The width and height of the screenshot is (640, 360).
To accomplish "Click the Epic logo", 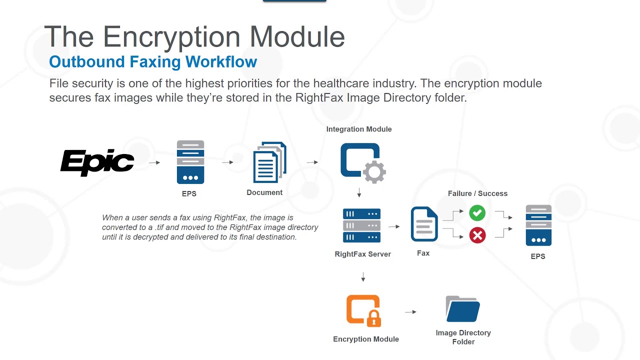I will pyautogui.click(x=97, y=162).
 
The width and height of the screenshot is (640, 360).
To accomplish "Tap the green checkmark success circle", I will pyautogui.click(x=477, y=213).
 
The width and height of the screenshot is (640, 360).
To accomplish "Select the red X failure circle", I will pyautogui.click(x=477, y=235).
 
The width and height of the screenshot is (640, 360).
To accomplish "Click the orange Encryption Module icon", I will pyautogui.click(x=363, y=310).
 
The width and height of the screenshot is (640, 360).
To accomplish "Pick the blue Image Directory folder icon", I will pyautogui.click(x=462, y=309).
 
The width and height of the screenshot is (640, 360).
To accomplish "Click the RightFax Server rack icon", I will pyautogui.click(x=362, y=225).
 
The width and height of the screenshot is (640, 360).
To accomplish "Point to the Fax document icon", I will pyautogui.click(x=424, y=225).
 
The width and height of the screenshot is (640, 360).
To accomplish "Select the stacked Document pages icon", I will pyautogui.click(x=269, y=162).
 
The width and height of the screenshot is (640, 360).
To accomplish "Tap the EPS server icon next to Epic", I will pyautogui.click(x=190, y=162).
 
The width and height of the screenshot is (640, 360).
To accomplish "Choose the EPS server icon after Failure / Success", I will pyautogui.click(x=538, y=225).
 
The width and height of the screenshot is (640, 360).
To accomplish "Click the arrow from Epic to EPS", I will pyautogui.click(x=154, y=162).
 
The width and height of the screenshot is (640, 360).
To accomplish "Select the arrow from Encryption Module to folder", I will pyautogui.click(x=410, y=312).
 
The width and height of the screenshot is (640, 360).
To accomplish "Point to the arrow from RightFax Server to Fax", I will pyautogui.click(x=394, y=226).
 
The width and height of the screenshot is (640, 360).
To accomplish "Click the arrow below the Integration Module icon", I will pyautogui.click(x=359, y=193).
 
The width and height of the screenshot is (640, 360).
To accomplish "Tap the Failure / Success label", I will pyautogui.click(x=477, y=193).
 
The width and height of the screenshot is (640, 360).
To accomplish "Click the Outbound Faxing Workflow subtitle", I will pyautogui.click(x=153, y=62).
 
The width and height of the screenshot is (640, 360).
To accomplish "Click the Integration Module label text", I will pyautogui.click(x=359, y=129).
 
